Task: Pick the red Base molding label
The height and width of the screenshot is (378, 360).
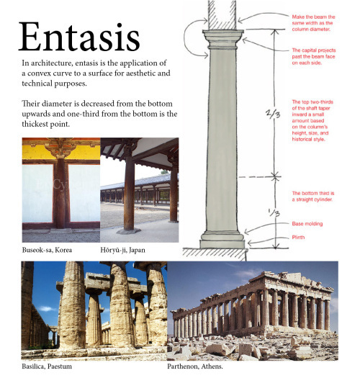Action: [x=306, y=225]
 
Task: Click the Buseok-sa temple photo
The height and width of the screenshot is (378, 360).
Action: [x=60, y=190]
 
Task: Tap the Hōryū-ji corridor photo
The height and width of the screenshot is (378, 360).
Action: [x=139, y=190]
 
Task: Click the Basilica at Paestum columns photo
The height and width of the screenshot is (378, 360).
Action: [x=94, y=310]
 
